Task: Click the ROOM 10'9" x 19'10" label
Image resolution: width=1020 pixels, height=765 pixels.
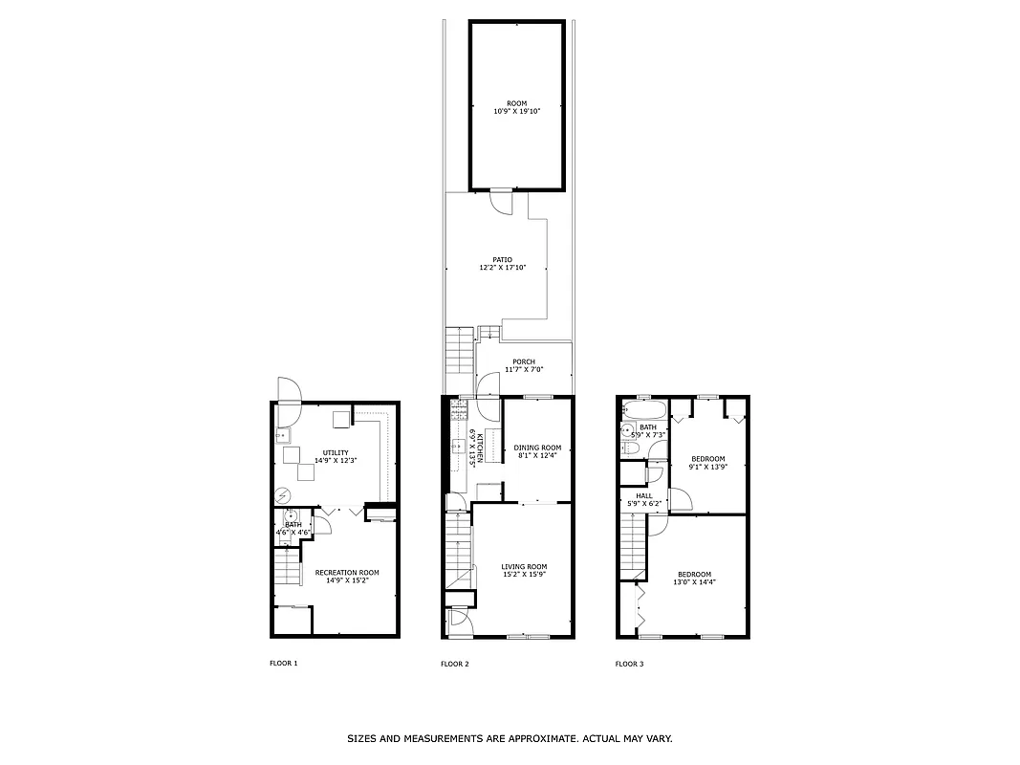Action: tap(516, 108)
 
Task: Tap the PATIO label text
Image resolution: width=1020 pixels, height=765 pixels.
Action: tap(502, 264)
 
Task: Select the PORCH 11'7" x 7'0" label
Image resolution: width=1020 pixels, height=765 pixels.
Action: tap(523, 365)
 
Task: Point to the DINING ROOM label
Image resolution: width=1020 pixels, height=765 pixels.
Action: tap(537, 451)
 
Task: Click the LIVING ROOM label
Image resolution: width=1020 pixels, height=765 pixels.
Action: tap(524, 571)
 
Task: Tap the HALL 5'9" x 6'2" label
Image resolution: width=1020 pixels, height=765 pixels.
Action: tap(643, 499)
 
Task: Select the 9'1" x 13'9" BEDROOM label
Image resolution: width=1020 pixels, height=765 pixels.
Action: tap(708, 463)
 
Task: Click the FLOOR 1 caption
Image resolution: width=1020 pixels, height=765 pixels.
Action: tap(284, 664)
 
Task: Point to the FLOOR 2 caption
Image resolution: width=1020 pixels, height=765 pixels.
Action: tap(454, 664)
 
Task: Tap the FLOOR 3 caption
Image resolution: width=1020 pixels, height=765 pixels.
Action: tap(629, 664)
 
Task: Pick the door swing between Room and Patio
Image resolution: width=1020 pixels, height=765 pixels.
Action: tap(501, 201)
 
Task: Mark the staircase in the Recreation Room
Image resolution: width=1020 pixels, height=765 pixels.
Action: tap(288, 571)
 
